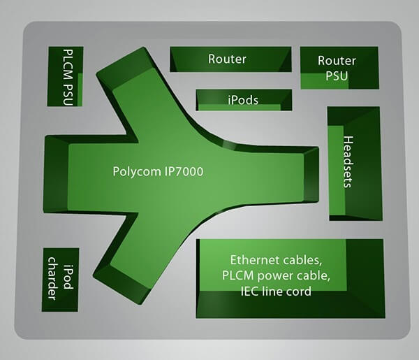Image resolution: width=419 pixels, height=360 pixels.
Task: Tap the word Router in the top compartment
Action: tap(227, 59)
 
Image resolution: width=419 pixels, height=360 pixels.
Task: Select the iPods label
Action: tap(243, 100)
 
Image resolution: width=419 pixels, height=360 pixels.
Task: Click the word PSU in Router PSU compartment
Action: tap(337, 75)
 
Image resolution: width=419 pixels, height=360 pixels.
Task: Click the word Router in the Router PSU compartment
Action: tap(337, 61)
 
